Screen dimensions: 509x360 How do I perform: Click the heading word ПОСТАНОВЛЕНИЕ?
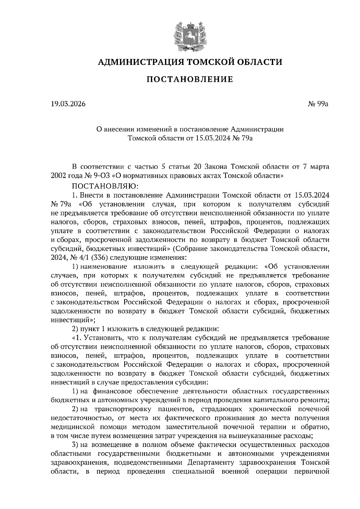coord(190,79)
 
